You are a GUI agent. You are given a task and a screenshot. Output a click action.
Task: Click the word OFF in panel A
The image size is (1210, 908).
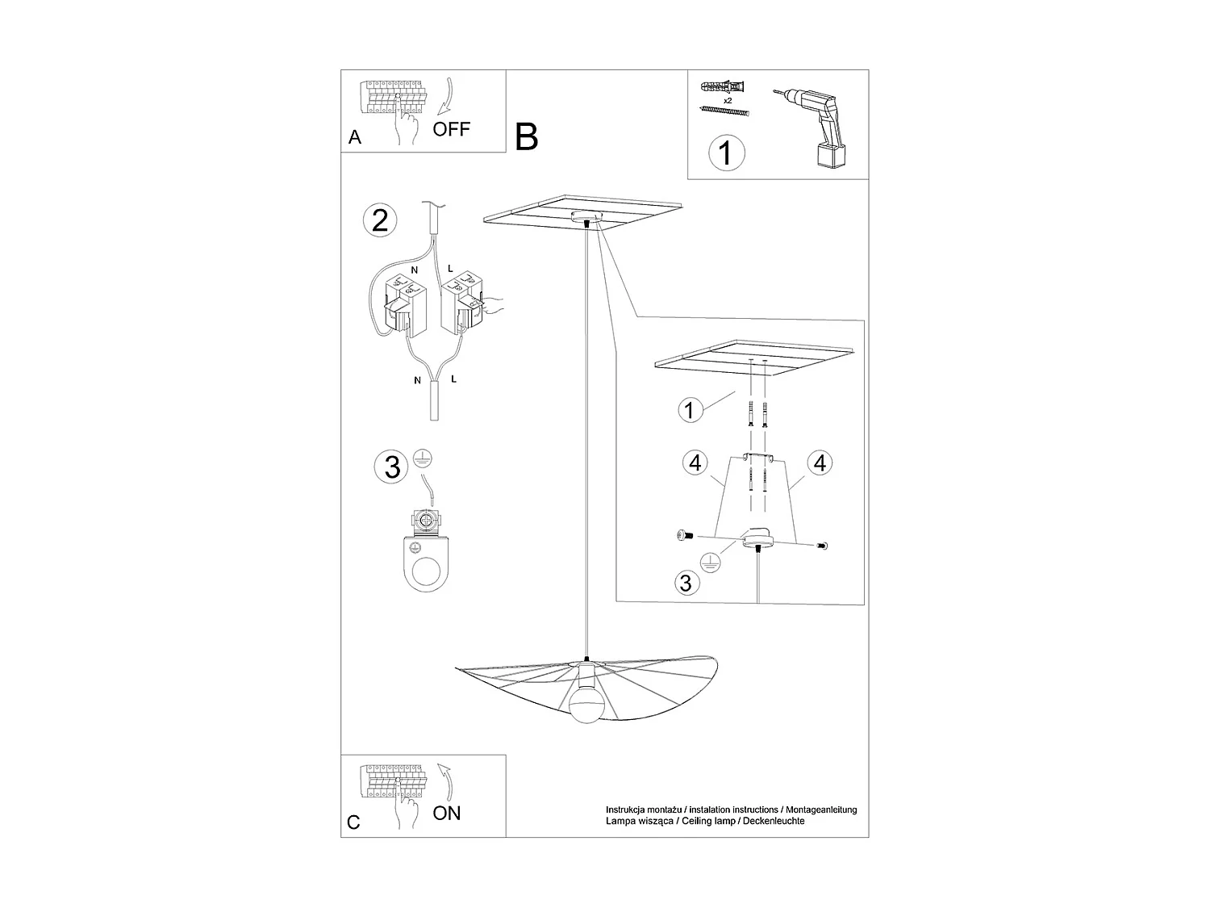pyautogui.click(x=451, y=128)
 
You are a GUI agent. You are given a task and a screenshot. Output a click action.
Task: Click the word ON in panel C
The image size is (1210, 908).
pyautogui.click(x=447, y=813)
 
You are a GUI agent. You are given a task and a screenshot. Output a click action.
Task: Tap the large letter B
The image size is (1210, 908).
pyautogui.click(x=526, y=137)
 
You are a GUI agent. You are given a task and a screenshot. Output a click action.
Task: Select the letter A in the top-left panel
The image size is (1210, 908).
pyautogui.click(x=355, y=138)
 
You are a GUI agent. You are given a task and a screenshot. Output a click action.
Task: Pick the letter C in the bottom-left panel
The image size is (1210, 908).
pyautogui.click(x=353, y=822)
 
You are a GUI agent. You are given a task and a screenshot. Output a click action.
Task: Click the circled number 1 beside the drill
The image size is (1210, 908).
pyautogui.click(x=726, y=152)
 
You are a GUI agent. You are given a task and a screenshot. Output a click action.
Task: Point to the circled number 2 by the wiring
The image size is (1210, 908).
pyautogui.click(x=380, y=220)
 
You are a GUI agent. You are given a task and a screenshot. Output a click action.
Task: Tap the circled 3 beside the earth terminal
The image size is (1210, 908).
pyautogui.click(x=392, y=467)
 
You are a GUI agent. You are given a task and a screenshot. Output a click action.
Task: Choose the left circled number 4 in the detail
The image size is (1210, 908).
pyautogui.click(x=695, y=463)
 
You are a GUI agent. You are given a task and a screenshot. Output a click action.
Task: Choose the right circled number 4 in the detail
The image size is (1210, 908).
pyautogui.click(x=820, y=463)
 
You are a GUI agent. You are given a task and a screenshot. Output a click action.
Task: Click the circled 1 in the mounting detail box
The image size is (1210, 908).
pyautogui.click(x=688, y=410)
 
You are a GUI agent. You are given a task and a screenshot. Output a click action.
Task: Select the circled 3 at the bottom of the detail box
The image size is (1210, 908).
pyautogui.click(x=686, y=583)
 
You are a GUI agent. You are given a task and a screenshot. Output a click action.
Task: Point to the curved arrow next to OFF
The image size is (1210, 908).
pyautogui.click(x=446, y=96)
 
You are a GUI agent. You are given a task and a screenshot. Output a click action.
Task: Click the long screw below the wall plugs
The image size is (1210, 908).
pyautogui.click(x=725, y=111)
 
